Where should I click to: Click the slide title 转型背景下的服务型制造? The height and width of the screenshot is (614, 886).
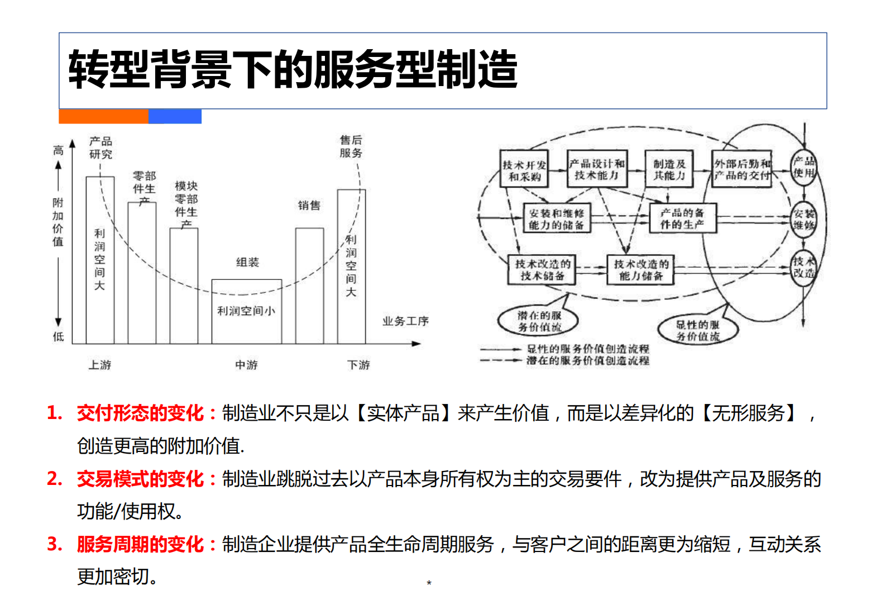(x=293, y=70)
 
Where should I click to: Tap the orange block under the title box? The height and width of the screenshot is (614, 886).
(x=103, y=116)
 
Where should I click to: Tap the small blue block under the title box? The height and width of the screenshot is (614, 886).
(x=175, y=116)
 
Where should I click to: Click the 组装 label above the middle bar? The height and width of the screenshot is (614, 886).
(x=247, y=262)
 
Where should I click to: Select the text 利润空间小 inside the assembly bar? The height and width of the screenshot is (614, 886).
(x=246, y=311)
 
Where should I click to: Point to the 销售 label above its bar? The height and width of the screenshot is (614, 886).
(x=309, y=206)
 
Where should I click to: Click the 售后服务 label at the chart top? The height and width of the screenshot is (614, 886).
(x=351, y=146)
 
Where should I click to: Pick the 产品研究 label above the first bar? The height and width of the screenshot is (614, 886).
(x=100, y=147)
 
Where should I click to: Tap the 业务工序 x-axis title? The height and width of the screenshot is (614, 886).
(x=405, y=321)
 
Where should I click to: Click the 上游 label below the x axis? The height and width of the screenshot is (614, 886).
(x=100, y=365)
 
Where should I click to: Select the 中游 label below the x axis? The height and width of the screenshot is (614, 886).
(x=246, y=365)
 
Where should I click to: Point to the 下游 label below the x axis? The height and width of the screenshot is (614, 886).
(x=358, y=365)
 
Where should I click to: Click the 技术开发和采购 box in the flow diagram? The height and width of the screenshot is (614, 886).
(x=524, y=169)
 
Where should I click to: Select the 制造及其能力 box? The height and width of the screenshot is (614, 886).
(x=669, y=169)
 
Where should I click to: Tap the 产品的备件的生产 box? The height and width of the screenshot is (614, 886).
(x=682, y=218)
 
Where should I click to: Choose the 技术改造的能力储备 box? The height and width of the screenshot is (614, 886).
(x=641, y=270)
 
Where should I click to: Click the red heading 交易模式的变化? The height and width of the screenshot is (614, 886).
(x=140, y=479)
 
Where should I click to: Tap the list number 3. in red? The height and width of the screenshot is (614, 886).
(x=55, y=544)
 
